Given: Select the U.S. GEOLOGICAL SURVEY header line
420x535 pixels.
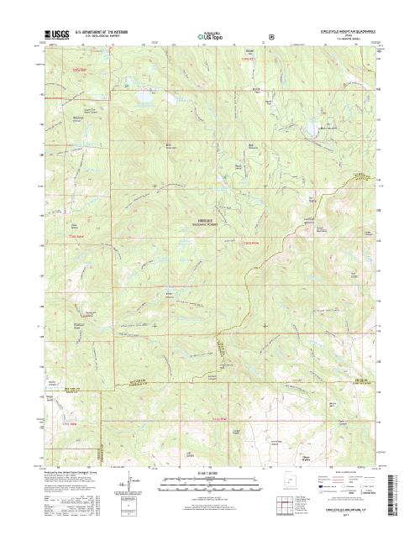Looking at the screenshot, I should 94,39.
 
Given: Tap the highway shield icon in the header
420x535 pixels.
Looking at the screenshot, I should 270,37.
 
